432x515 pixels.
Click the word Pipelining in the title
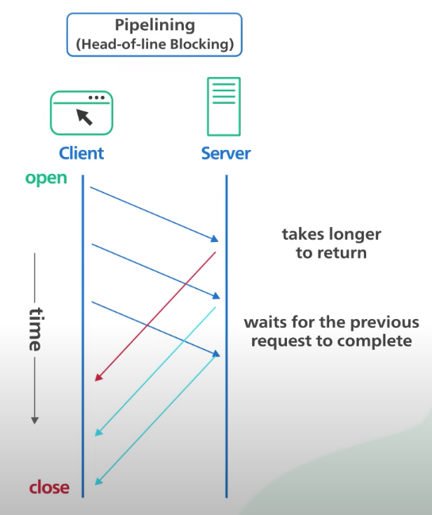[x=155, y=25]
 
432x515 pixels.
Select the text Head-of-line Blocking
[x=155, y=44]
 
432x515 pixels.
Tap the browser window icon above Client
[x=82, y=113]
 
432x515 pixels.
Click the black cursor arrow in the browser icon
[x=84, y=117]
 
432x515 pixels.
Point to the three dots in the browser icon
[x=97, y=98]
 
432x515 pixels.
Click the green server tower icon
[x=224, y=106]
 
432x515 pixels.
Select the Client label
[x=82, y=153]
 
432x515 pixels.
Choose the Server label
[x=226, y=153]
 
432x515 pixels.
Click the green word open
[x=46, y=179]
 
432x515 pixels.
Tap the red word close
[x=49, y=487]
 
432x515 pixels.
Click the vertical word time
[x=35, y=329]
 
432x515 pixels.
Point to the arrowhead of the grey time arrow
[x=35, y=421]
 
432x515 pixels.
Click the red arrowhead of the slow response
[x=98, y=378]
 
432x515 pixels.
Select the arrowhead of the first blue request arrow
[x=215, y=239]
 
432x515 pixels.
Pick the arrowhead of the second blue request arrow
[x=216, y=296]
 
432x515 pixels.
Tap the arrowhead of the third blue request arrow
[x=216, y=353]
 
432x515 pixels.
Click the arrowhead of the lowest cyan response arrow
[x=98, y=481]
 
